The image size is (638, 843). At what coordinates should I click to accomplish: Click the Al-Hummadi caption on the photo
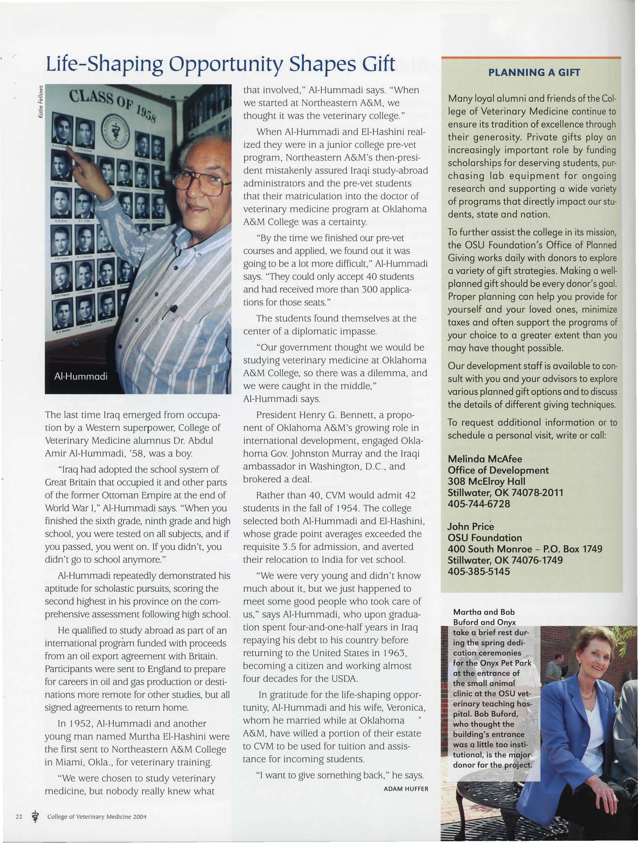(81, 377)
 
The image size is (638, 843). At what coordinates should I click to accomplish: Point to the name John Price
(470, 527)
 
